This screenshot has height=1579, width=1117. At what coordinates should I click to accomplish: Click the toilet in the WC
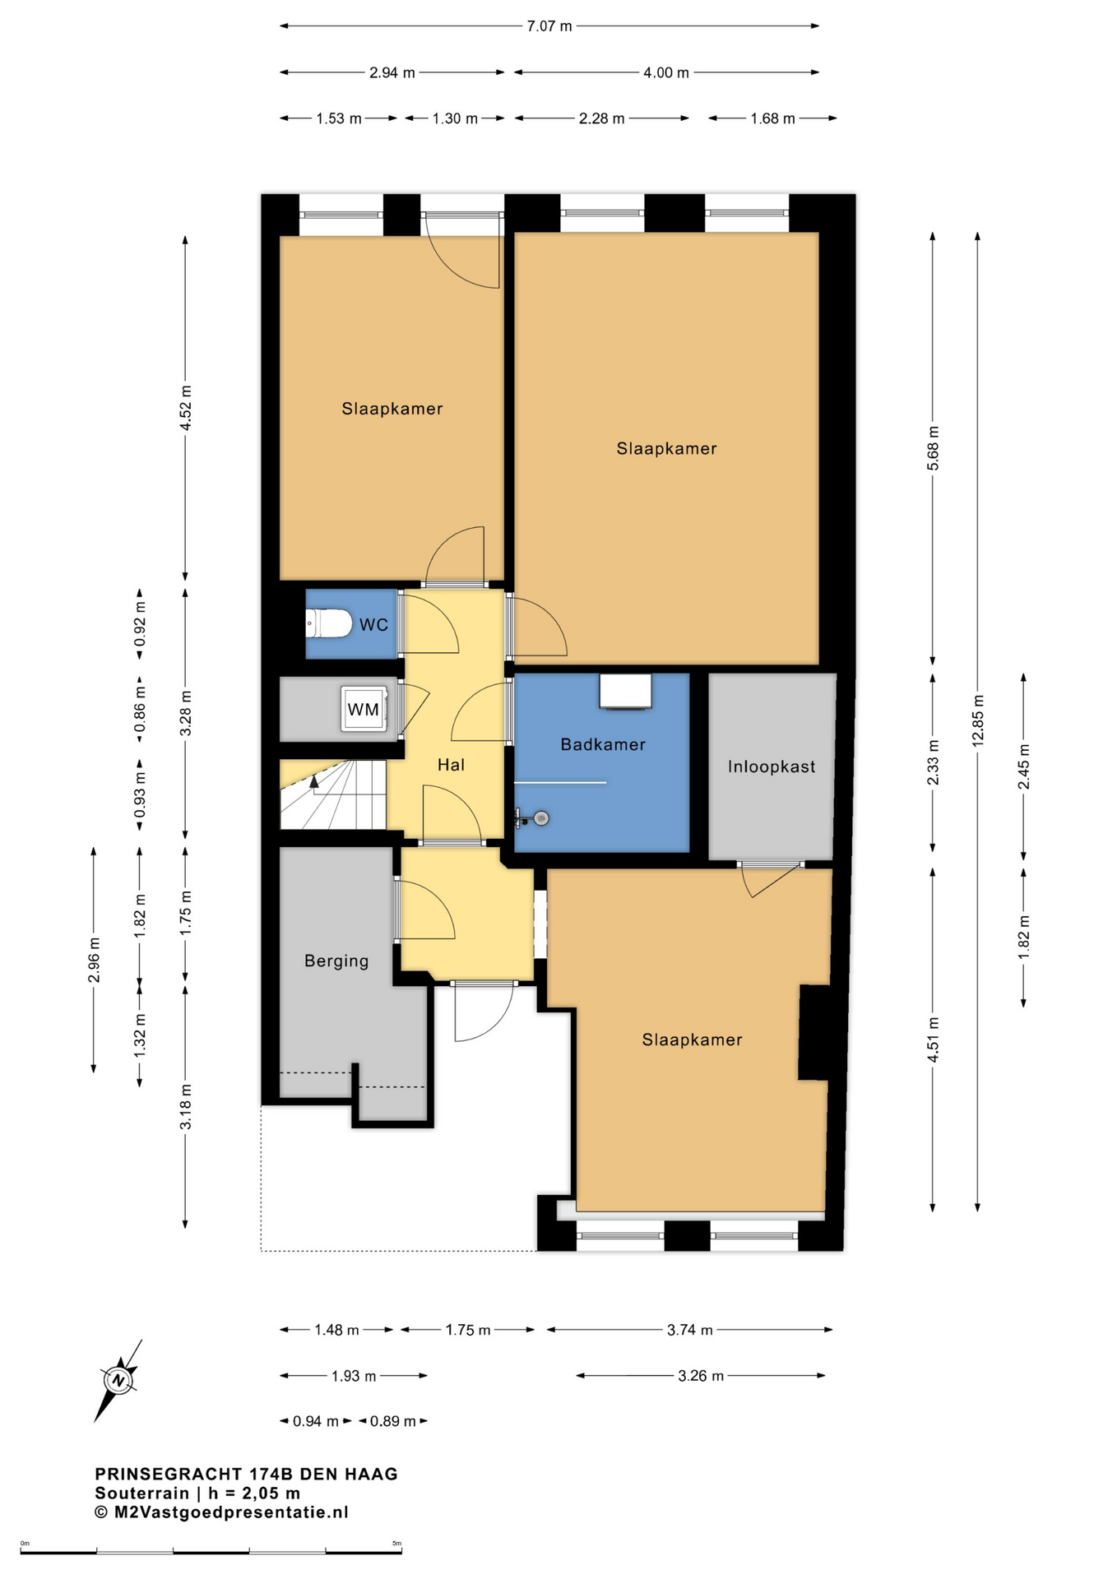point(328,623)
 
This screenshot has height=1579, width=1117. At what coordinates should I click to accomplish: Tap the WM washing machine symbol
point(364,709)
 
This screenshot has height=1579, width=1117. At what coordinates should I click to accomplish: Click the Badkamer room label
point(603,744)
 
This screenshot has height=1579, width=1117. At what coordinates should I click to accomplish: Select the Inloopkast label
point(772,766)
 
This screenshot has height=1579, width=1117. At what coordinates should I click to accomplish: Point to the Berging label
point(336,961)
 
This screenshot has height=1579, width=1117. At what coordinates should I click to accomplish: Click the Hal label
point(451,765)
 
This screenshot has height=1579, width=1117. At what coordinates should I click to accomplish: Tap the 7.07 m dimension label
point(549,25)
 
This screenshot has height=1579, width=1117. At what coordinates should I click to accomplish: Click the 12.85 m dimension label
point(978,720)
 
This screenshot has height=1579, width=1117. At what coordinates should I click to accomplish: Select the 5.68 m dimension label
point(933,448)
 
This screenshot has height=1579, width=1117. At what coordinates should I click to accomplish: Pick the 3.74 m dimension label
point(689,1329)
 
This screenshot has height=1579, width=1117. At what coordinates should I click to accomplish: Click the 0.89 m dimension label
point(393,1420)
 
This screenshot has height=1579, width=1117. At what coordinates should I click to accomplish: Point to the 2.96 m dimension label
point(94,960)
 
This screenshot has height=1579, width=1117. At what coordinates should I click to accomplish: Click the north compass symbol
point(118,1380)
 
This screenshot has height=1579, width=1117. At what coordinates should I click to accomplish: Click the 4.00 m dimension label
point(666,72)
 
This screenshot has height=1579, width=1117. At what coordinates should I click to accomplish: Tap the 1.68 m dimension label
point(772,118)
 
